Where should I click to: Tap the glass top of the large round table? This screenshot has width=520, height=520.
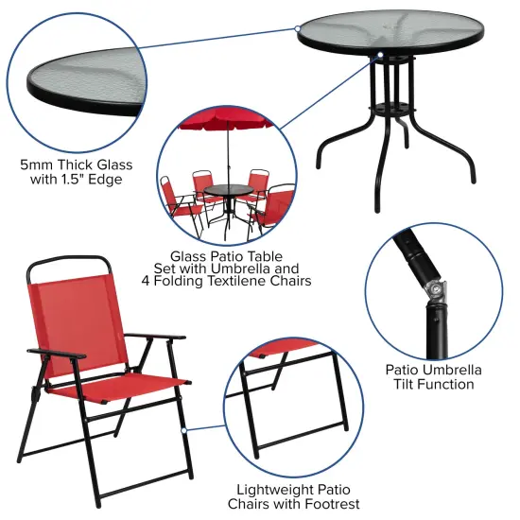pos(390,36)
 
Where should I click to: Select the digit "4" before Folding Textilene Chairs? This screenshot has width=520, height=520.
pos(173,281)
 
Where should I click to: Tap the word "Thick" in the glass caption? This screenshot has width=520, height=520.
pos(81,164)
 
